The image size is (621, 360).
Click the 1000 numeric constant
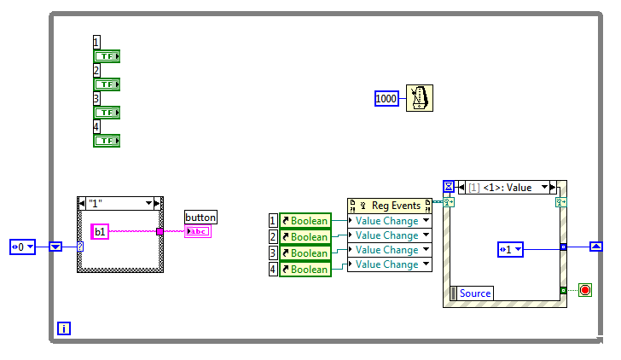coord(386,99)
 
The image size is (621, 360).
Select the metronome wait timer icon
coord(417,98)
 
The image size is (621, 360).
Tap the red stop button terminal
coord(585,290)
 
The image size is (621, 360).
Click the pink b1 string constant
coord(100,231)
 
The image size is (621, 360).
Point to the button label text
coord(200,217)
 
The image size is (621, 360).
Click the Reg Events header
coord(390,205)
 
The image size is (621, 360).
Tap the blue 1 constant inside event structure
coord(510,249)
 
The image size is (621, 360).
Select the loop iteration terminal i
coord(63,328)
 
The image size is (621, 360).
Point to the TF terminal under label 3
coord(107,113)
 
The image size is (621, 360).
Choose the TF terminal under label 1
coord(107,56)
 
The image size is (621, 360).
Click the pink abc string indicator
coord(197,231)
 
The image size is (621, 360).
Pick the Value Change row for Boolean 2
coord(390,235)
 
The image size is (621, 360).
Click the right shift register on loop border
coord(596,247)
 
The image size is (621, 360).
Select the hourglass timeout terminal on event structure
coord(449,186)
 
